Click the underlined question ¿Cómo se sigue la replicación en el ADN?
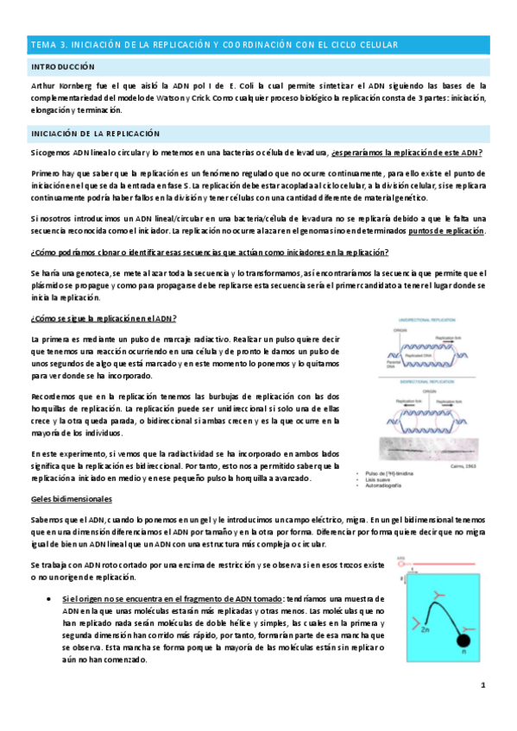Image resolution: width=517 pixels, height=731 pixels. [x=104, y=319]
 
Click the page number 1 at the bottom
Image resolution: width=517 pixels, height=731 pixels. [x=483, y=685]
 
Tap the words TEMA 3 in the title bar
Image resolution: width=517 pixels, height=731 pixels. [x=48, y=45]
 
